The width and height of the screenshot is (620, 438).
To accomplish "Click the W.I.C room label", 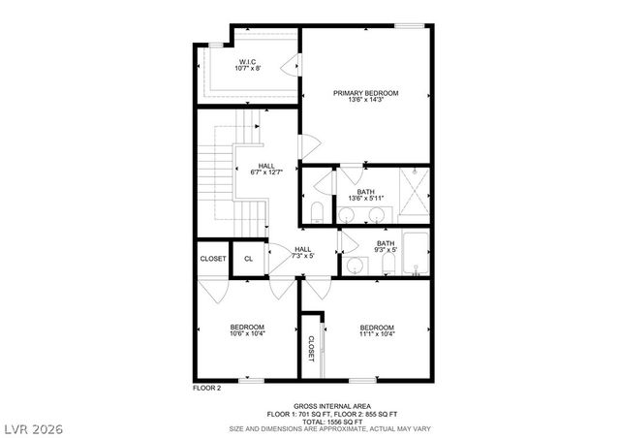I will [247, 61].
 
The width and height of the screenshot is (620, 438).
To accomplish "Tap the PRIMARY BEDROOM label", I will [365, 93].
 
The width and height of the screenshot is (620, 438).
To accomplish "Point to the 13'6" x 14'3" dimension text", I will [365, 102].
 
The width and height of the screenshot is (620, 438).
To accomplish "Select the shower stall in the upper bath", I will [414, 196].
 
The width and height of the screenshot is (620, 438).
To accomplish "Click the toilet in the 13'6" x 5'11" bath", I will [317, 212].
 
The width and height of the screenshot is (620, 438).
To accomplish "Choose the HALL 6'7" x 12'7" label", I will [266, 170].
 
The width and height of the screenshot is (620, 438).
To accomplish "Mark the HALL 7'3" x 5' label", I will [303, 252].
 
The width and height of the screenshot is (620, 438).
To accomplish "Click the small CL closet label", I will [248, 259].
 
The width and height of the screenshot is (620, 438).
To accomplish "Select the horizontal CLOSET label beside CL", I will [212, 259].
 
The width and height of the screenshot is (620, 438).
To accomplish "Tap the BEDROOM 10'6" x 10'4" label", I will [247, 330].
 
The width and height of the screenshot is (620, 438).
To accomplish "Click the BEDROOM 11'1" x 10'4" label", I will [377, 330].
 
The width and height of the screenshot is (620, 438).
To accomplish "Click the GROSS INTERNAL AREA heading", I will [330, 406].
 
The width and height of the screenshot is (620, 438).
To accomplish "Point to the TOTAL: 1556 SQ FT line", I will [330, 422].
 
